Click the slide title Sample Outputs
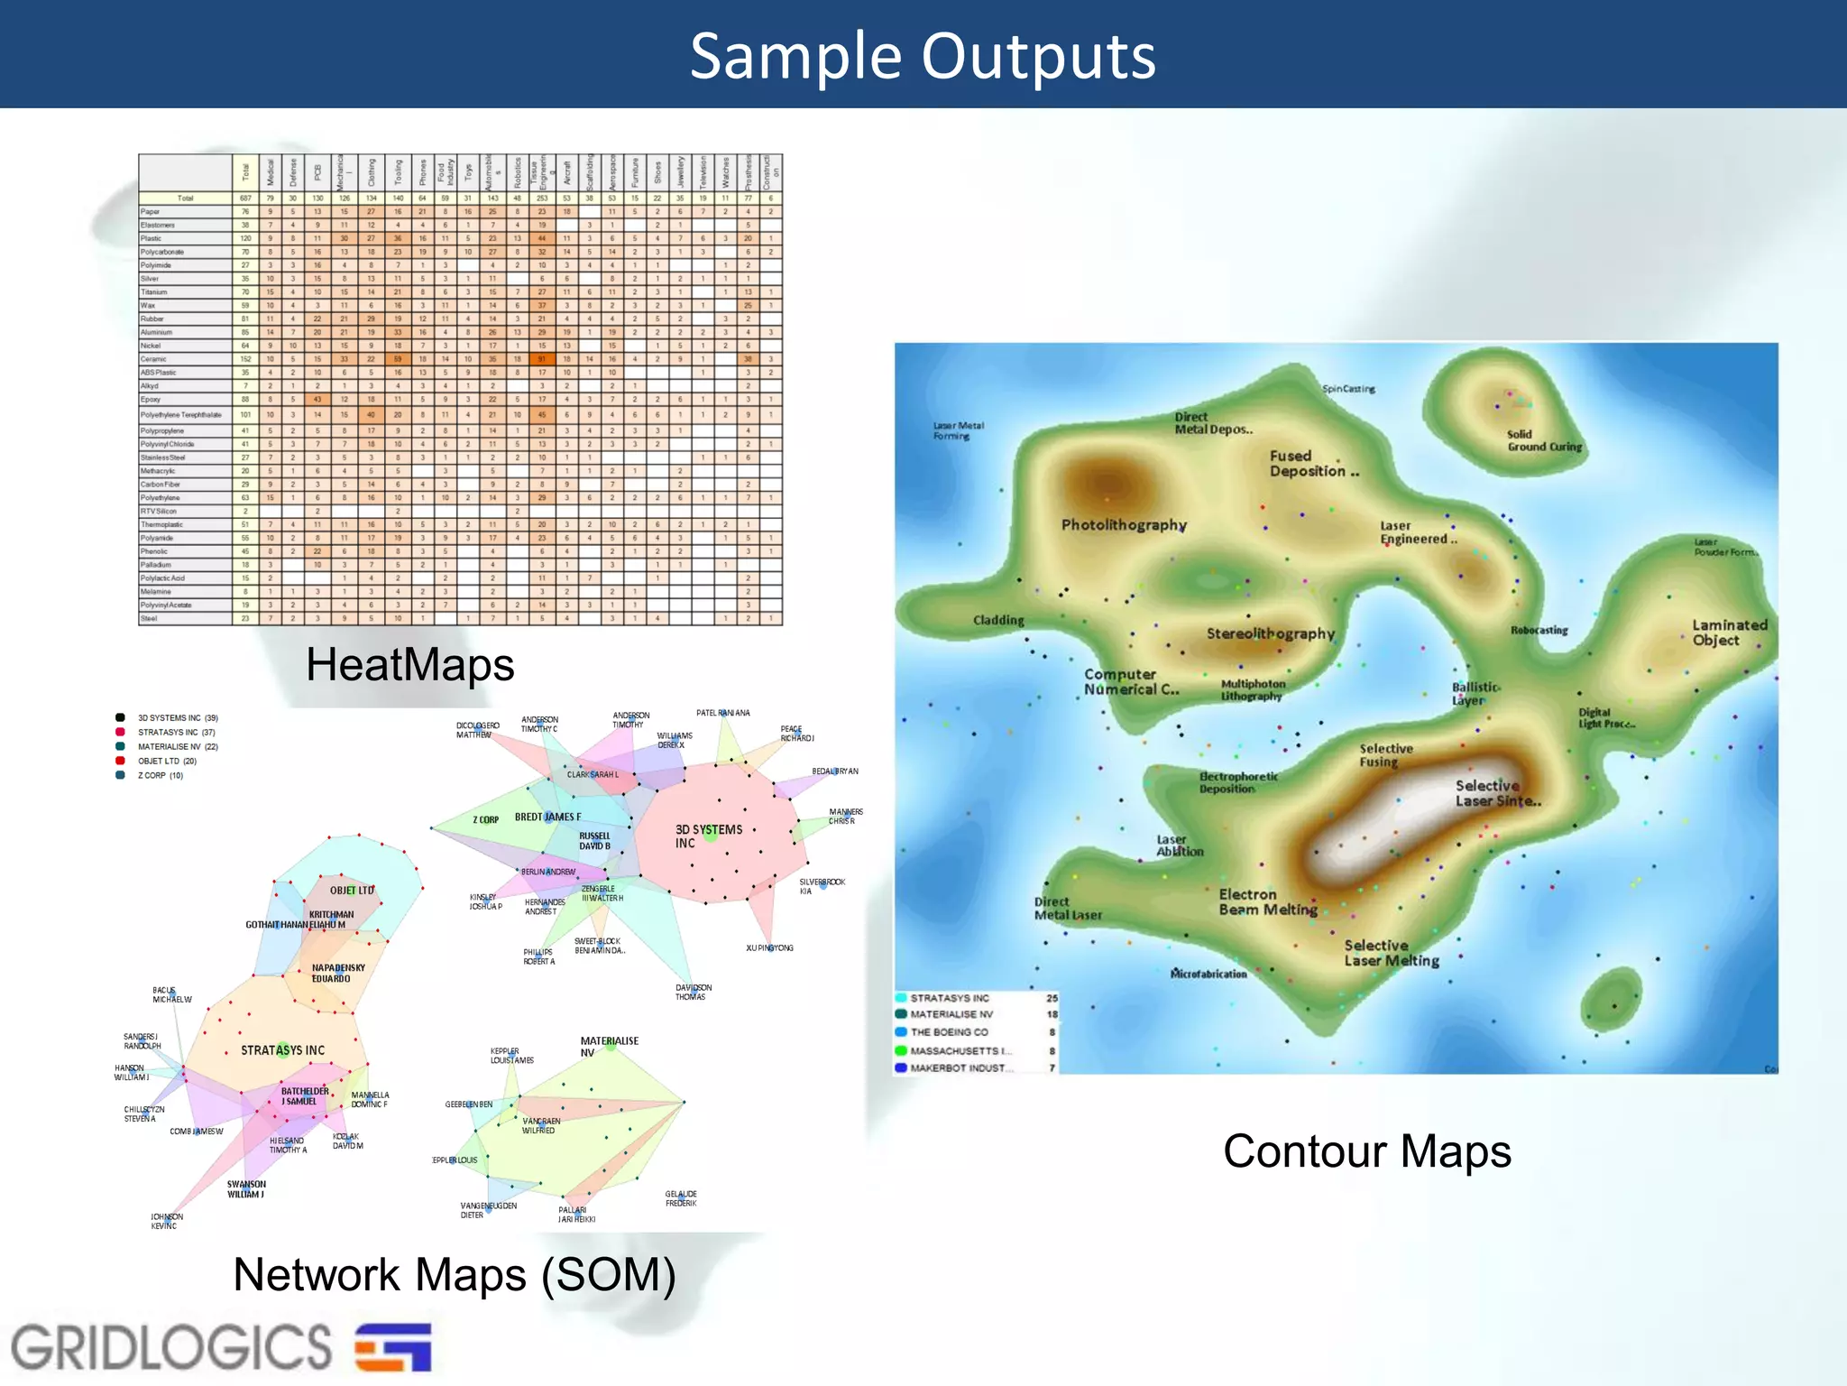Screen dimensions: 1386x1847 tap(923, 56)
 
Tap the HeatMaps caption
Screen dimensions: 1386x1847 tap(409, 665)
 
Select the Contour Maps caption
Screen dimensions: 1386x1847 tap(1366, 1151)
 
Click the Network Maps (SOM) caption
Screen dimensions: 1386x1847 tap(455, 1275)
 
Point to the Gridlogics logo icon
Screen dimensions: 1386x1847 tap(393, 1347)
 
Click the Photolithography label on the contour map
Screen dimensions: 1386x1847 tap(1123, 525)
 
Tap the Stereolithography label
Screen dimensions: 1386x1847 tap(1270, 633)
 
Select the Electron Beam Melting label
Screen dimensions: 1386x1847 tap(1267, 901)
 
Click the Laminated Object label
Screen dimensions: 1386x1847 tap(1729, 633)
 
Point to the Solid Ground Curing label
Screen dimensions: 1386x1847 tap(1544, 440)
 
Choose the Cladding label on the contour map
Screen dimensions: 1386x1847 tap(998, 620)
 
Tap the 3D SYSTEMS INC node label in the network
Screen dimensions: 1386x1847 tap(709, 836)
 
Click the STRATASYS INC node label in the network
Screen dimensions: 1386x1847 tap(282, 1050)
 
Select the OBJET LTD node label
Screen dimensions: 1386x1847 tap(352, 891)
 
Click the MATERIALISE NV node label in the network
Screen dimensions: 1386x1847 tap(609, 1047)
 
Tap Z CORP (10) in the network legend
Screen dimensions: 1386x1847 tap(160, 775)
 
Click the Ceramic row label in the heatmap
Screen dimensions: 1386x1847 tap(153, 359)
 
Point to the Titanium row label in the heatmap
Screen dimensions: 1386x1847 tap(154, 292)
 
